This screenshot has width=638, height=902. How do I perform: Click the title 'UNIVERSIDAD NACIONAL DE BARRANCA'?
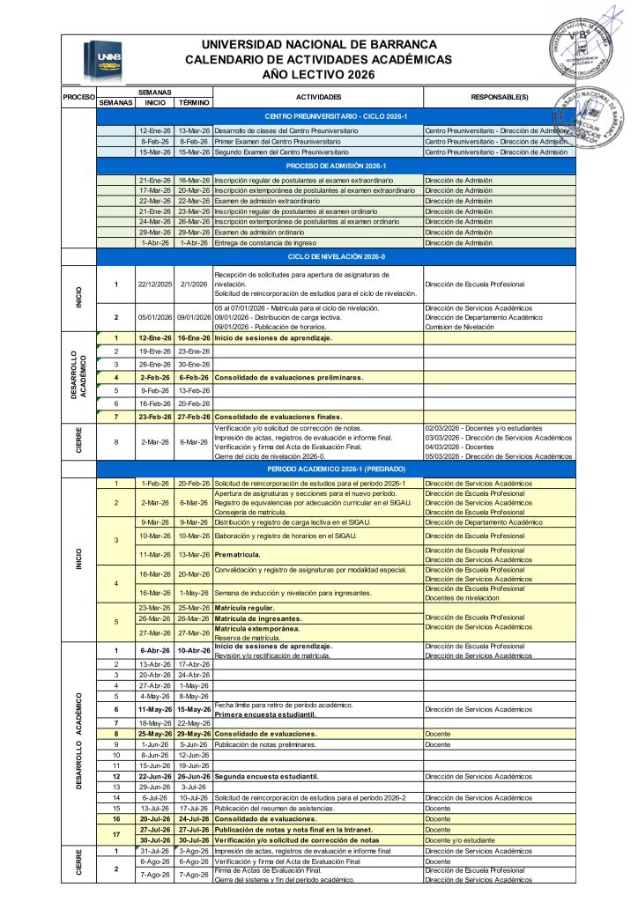tap(318, 45)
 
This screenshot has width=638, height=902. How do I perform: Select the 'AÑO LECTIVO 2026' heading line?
tap(318, 74)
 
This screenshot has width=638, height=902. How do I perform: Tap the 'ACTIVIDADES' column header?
tap(318, 96)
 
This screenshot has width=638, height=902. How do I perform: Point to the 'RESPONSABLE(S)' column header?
tap(499, 96)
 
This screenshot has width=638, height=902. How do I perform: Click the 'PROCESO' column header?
tap(78, 96)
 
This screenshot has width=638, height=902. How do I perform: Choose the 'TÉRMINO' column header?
tap(193, 102)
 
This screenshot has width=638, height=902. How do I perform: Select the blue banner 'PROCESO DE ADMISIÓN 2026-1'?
tap(336, 166)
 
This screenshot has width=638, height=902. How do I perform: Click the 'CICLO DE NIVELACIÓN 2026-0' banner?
tap(336, 256)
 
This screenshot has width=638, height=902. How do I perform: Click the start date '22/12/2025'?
tap(155, 284)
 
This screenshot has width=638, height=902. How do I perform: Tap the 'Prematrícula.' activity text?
tap(239, 554)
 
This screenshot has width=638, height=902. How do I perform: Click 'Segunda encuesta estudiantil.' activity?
tap(265, 776)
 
